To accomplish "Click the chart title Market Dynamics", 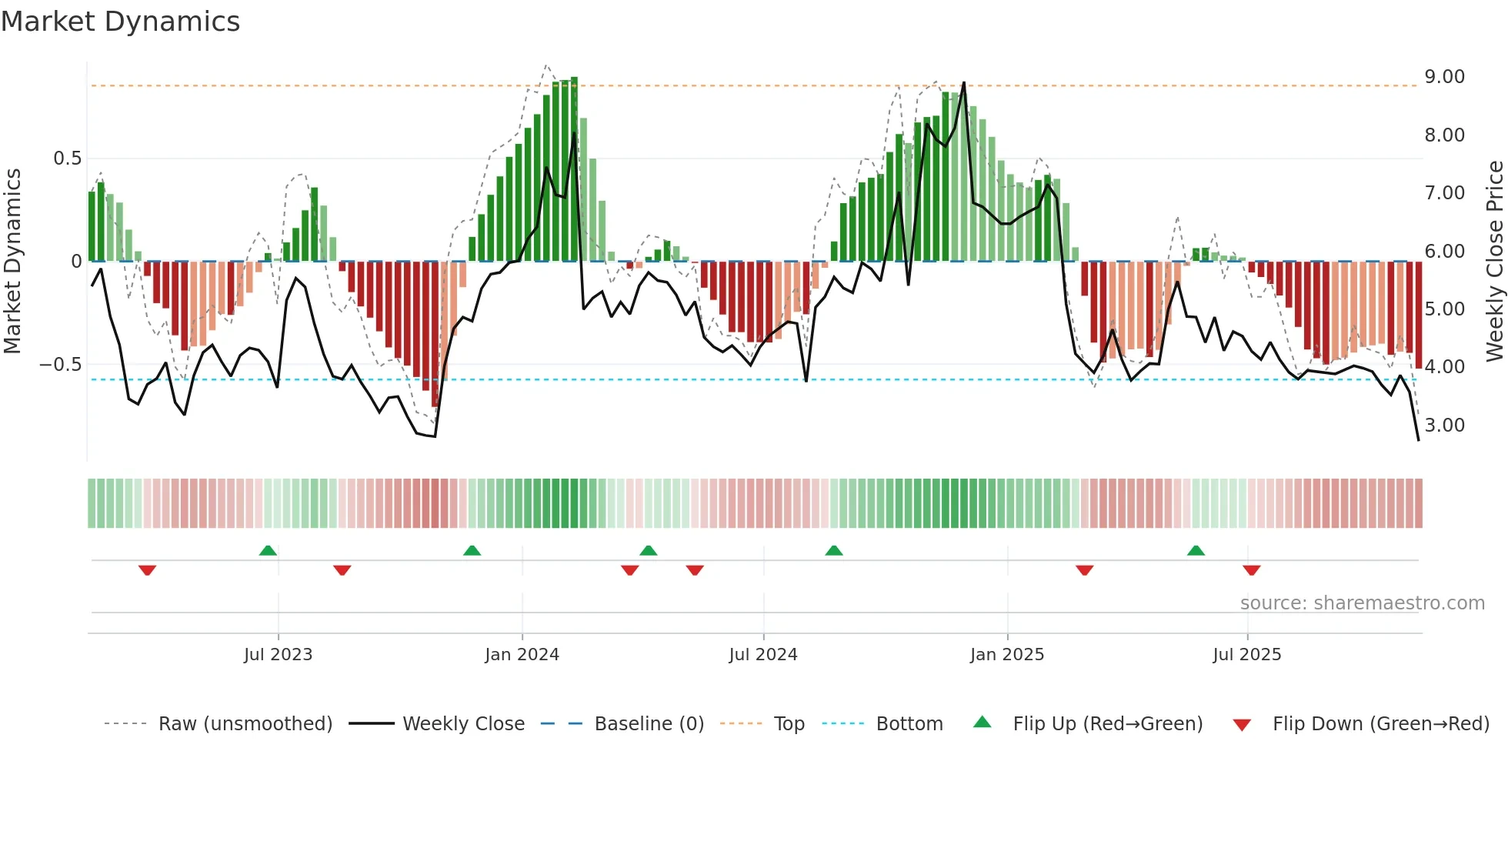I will pos(120,22).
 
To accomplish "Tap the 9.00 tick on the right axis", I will pos(1444,77).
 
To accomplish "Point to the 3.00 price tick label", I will pos(1444,426).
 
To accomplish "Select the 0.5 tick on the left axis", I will pos(67,159).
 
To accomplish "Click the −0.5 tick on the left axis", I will pos(61,365).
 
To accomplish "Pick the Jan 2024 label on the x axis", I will pos(522,655).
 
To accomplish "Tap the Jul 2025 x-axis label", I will pos(1246,655).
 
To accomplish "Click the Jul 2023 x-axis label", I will pos(278,655).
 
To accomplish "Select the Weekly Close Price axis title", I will pos(1494,261).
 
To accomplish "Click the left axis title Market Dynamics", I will pos(12,261).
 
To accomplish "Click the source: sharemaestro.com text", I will pos(1362,603).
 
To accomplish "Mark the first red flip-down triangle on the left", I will pos(147,570).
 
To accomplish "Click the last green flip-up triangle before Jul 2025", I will pos(1196,550).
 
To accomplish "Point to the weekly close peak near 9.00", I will pos(963,83).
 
